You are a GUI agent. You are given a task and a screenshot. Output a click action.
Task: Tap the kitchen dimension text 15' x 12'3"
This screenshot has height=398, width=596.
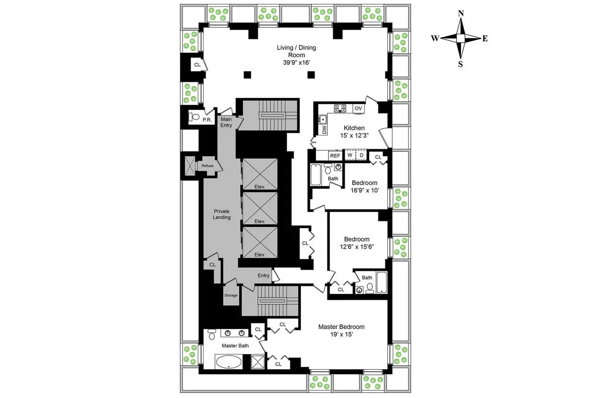[x=351, y=135]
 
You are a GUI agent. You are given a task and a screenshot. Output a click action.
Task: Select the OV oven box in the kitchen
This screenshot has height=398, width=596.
[x=358, y=108]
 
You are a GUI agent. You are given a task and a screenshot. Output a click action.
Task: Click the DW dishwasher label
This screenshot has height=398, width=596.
[x=324, y=130]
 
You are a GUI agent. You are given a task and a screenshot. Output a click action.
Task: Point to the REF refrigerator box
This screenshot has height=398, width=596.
[x=336, y=155]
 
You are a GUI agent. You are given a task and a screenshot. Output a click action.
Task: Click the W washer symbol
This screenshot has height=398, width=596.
[x=350, y=155]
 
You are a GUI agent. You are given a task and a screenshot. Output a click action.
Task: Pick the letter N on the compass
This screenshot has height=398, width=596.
[x=461, y=14]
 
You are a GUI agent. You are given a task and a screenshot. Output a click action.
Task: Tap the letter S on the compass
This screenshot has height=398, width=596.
[x=460, y=64]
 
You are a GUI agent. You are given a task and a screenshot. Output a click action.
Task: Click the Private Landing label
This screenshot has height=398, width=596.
[x=222, y=214]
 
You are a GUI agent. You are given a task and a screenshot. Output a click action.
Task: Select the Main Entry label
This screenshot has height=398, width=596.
[x=226, y=122]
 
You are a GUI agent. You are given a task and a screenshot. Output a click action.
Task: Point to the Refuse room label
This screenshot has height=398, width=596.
[x=207, y=166]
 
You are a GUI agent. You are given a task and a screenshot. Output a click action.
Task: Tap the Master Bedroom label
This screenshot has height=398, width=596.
[x=341, y=327]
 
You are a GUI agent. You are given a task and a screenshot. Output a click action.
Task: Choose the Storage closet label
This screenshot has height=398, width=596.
[x=230, y=295]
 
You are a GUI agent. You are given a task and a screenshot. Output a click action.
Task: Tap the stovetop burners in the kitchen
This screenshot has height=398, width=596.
[x=340, y=108]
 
